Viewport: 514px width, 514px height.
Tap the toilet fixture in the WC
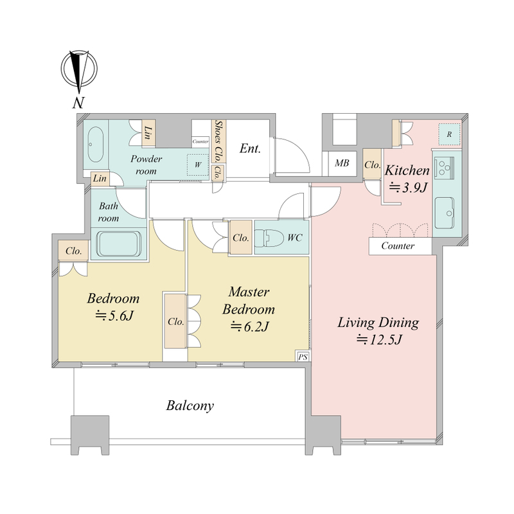pos(269,237)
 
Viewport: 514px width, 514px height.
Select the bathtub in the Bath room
pos(120,244)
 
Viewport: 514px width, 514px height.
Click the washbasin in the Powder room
pos(95,145)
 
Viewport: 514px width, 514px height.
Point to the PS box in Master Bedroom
pos(303,357)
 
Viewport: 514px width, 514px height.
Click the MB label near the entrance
pos(342,163)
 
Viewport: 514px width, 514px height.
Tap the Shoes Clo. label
pos(218,141)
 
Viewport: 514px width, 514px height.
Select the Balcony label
pos(190,405)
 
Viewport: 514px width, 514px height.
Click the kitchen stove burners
pos(444,168)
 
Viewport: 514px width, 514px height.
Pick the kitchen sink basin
pos(445,213)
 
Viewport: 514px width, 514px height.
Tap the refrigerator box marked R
pos(449,134)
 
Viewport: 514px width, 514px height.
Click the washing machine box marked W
pos(198,164)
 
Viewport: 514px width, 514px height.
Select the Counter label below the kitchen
pos(398,246)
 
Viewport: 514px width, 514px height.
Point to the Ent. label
pos(250,148)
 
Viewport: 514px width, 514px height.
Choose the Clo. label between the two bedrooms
pos(175,322)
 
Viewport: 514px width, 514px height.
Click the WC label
pos(295,238)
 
